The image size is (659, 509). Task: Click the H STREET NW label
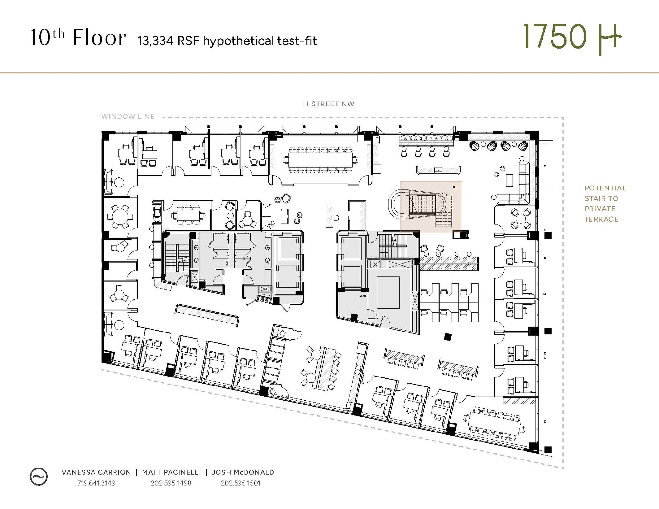[x=329, y=104]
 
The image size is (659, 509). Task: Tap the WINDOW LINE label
[x=128, y=116]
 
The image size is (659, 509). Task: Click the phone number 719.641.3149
[x=96, y=483]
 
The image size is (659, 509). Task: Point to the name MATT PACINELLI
[x=171, y=472]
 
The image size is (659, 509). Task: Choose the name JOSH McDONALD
[x=243, y=472]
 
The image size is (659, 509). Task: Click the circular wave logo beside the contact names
[x=39, y=476]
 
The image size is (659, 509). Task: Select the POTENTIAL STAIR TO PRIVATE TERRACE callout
[x=605, y=204]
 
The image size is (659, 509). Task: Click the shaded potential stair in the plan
[x=431, y=206]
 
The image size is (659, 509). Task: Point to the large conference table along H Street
[x=320, y=160]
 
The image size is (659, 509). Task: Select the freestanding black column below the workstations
[x=448, y=337]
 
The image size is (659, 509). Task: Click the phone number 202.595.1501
[x=240, y=483]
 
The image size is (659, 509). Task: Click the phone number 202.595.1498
[x=171, y=483]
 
